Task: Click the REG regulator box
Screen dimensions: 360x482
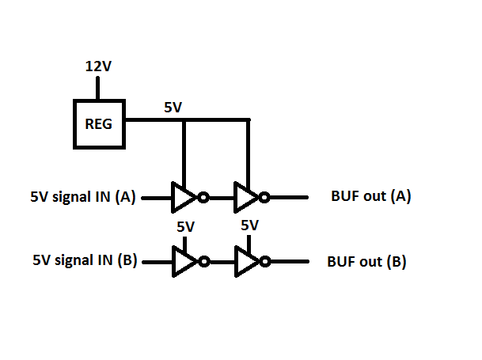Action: coord(99,123)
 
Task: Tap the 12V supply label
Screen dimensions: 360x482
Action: coord(99,66)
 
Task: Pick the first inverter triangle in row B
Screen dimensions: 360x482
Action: coord(184,262)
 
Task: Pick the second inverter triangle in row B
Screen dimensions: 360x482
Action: coord(248,262)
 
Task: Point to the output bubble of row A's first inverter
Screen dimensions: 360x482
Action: coord(203,198)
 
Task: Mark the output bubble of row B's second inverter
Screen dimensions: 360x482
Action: coord(268,262)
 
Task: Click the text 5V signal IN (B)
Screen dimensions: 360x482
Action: coord(85,260)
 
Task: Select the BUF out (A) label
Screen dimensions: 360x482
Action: coord(370,197)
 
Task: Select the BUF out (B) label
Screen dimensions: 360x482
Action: coord(366,261)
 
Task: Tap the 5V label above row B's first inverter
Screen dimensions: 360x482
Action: coord(185,227)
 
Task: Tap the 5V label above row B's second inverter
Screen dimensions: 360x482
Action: coord(249,225)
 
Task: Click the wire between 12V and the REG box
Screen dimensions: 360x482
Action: coord(99,88)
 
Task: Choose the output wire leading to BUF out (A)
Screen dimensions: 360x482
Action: coord(290,198)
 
